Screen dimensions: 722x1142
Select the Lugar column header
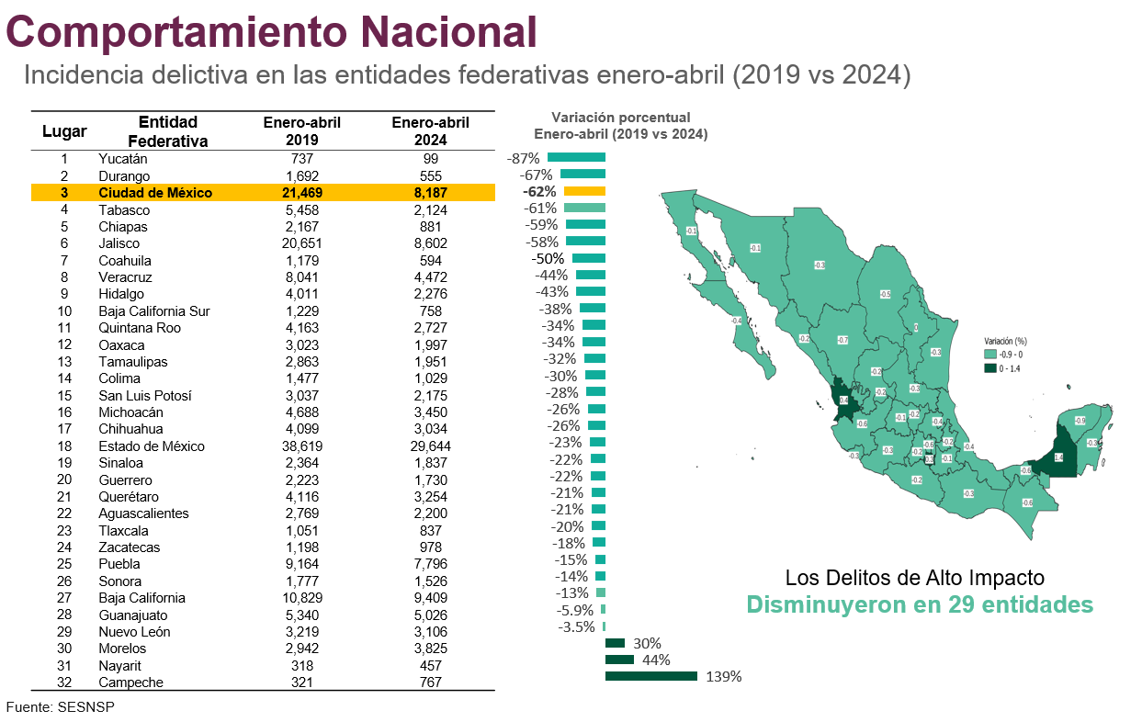coord(64,131)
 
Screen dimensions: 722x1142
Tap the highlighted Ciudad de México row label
coord(155,193)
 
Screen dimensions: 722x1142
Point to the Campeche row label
coord(131,683)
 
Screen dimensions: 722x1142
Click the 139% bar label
coord(724,677)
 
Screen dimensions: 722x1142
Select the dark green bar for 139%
coord(650,677)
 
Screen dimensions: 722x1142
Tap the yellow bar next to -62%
coord(584,192)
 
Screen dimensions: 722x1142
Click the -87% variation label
coord(523,159)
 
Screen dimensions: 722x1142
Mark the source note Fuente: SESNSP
coord(61,707)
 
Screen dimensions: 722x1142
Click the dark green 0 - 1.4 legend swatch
coord(990,368)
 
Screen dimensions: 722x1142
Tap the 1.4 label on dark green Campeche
coord(1058,457)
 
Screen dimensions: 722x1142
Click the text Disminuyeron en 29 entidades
coord(919,605)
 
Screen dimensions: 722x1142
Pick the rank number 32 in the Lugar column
coord(64,683)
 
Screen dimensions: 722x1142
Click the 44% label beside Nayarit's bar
coord(656,660)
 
